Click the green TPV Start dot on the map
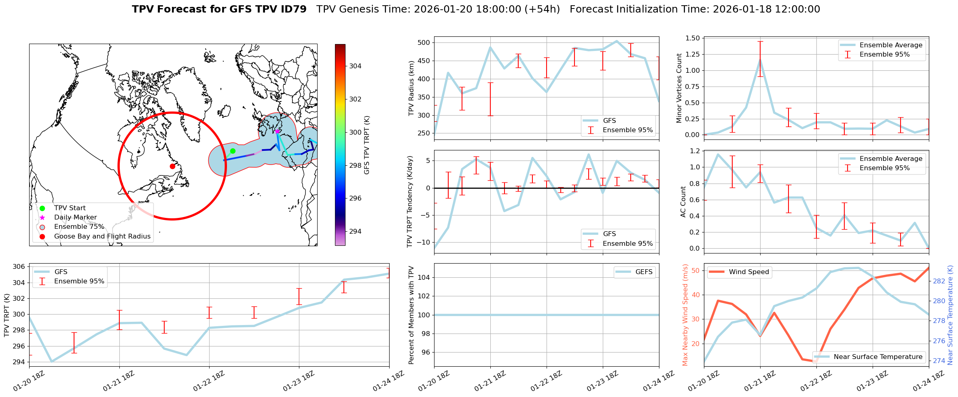pyautogui.click(x=233, y=151)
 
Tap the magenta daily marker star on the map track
pyautogui.click(x=277, y=131)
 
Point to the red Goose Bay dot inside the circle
pyautogui.click(x=172, y=166)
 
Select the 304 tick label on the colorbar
pyautogui.click(x=355, y=66)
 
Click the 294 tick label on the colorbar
pyautogui.click(x=355, y=231)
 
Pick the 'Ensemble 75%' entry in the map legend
pyautogui.click(x=79, y=227)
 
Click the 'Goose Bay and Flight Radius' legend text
pyautogui.click(x=102, y=236)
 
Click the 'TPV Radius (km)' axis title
pyautogui.click(x=411, y=88)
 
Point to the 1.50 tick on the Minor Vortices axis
pyautogui.click(x=693, y=38)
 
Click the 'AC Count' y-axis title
pyautogui.click(x=683, y=202)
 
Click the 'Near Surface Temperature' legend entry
pyautogui.click(x=878, y=357)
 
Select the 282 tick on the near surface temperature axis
pyautogui.click(x=939, y=281)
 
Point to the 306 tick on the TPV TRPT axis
pyautogui.click(x=19, y=266)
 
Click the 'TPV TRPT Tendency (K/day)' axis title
pyautogui.click(x=410, y=202)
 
